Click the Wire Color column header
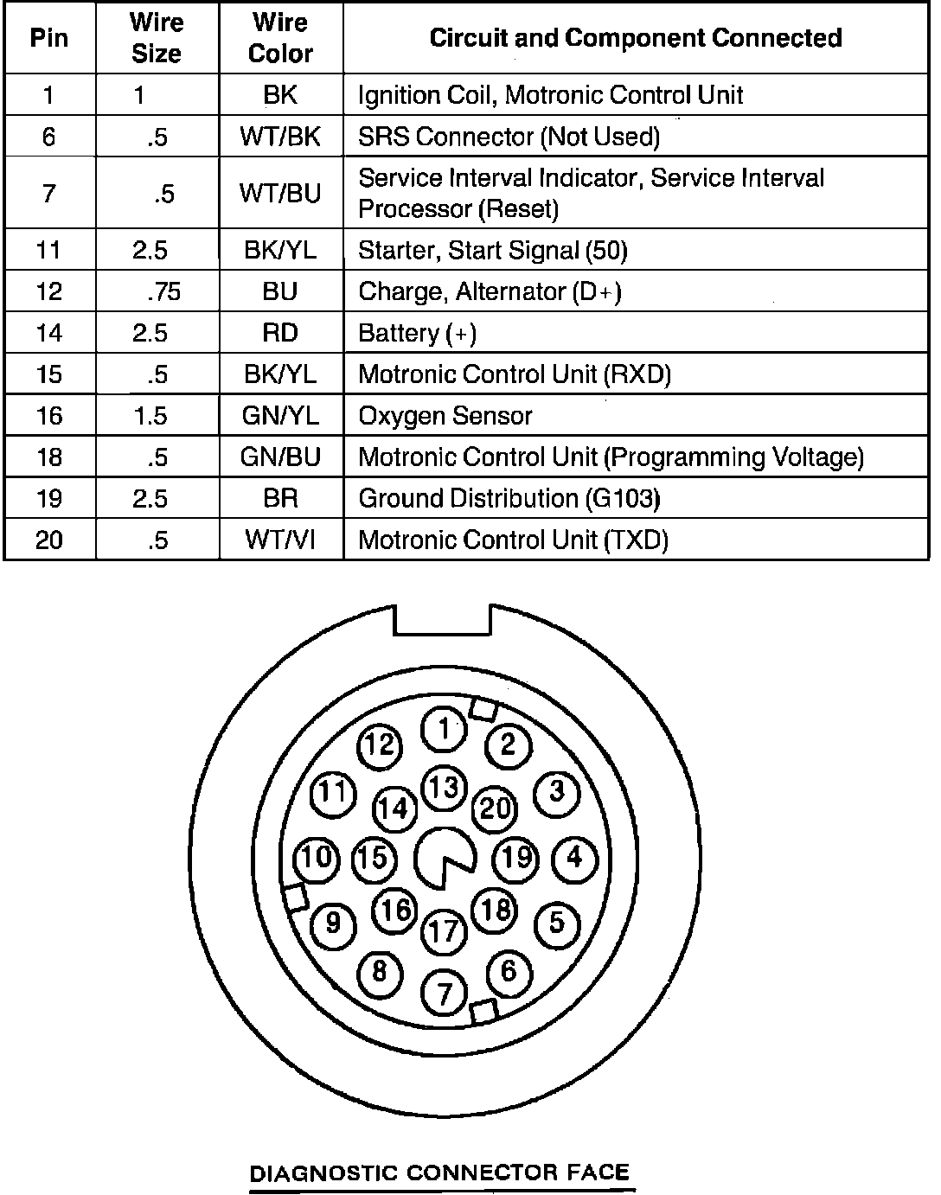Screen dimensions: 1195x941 (280, 38)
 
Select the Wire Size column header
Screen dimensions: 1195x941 (157, 38)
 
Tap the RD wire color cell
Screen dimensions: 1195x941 (280, 333)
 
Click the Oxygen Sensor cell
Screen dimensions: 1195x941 (445, 416)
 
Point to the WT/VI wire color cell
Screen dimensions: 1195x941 (280, 540)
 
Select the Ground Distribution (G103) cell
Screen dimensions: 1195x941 (509, 499)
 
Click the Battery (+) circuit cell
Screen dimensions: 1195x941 (417, 333)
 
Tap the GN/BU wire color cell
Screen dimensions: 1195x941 (280, 457)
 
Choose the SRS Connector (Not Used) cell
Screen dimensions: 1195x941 (509, 137)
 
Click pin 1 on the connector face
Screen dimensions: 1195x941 (444, 730)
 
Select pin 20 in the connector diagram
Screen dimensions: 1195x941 (496, 808)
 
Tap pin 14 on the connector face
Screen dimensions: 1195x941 (394, 808)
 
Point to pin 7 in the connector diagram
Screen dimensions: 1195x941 (444, 993)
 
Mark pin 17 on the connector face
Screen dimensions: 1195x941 (444, 931)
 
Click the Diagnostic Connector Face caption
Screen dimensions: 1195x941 (438, 1173)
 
